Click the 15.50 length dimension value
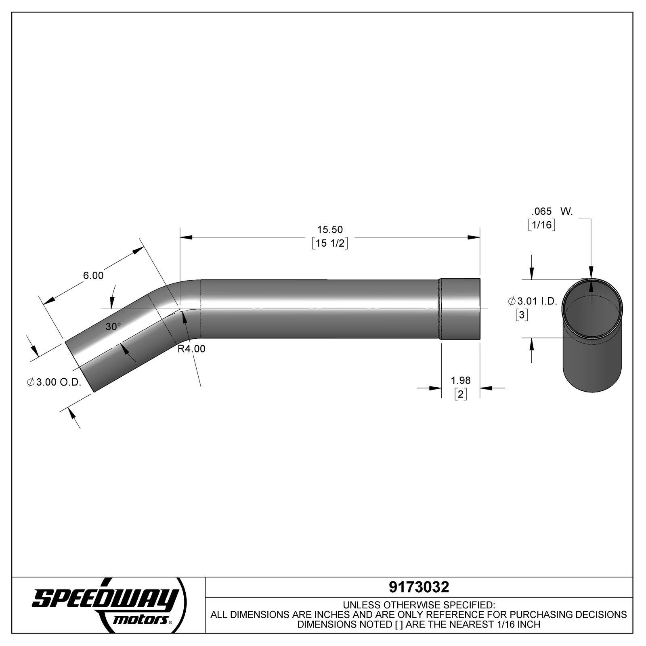pyautogui.click(x=329, y=230)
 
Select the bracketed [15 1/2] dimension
pyautogui.click(x=329, y=243)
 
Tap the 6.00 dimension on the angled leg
pyautogui.click(x=93, y=275)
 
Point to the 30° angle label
pyautogui.click(x=113, y=327)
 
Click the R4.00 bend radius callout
pyautogui.click(x=191, y=348)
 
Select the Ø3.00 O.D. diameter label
pyautogui.click(x=55, y=382)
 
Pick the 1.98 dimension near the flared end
pyautogui.click(x=460, y=380)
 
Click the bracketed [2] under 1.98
pyautogui.click(x=460, y=394)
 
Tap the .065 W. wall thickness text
pyautogui.click(x=552, y=211)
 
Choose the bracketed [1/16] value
pyautogui.click(x=541, y=225)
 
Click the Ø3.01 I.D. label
pyautogui.click(x=533, y=301)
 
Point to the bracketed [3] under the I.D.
pyautogui.click(x=522, y=315)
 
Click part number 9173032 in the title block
pyautogui.click(x=419, y=587)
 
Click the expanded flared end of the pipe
pyautogui.click(x=460, y=309)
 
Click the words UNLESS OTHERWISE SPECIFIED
pyautogui.click(x=419, y=605)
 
